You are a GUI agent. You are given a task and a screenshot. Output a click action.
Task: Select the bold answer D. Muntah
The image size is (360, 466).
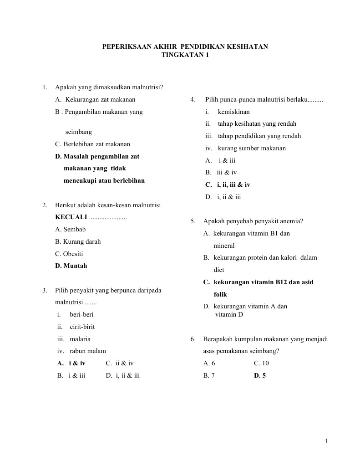(x=71, y=266)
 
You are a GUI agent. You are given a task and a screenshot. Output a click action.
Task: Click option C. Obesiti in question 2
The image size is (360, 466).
(x=69, y=254)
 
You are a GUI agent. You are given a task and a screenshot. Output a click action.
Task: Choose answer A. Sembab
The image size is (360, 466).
(x=71, y=230)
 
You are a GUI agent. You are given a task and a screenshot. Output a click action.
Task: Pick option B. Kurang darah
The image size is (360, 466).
(x=78, y=242)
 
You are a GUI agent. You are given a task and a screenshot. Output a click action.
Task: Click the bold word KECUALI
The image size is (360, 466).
(x=71, y=217)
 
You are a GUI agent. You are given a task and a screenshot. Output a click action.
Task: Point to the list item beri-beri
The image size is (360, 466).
(x=82, y=315)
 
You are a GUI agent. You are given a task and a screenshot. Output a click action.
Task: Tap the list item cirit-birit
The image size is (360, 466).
(x=82, y=327)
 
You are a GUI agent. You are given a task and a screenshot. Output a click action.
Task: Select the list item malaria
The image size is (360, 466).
(x=80, y=339)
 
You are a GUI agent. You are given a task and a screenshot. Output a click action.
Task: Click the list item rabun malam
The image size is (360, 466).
(x=88, y=351)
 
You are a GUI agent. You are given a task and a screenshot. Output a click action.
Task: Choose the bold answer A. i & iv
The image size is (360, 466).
(x=71, y=364)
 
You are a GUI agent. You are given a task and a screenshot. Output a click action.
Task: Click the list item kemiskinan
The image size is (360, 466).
(x=234, y=112)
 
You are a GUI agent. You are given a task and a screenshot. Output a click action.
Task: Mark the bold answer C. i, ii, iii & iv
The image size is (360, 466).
(x=228, y=185)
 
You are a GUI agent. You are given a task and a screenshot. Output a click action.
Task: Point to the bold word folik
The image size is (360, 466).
(x=220, y=295)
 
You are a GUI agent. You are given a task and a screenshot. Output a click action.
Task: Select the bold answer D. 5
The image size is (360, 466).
(x=260, y=376)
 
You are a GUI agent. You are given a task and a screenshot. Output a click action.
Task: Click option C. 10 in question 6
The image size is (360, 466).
(x=261, y=364)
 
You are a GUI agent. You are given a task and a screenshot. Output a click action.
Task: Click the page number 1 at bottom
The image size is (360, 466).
(x=326, y=441)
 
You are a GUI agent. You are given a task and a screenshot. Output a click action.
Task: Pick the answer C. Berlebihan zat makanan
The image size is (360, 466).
(x=92, y=144)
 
